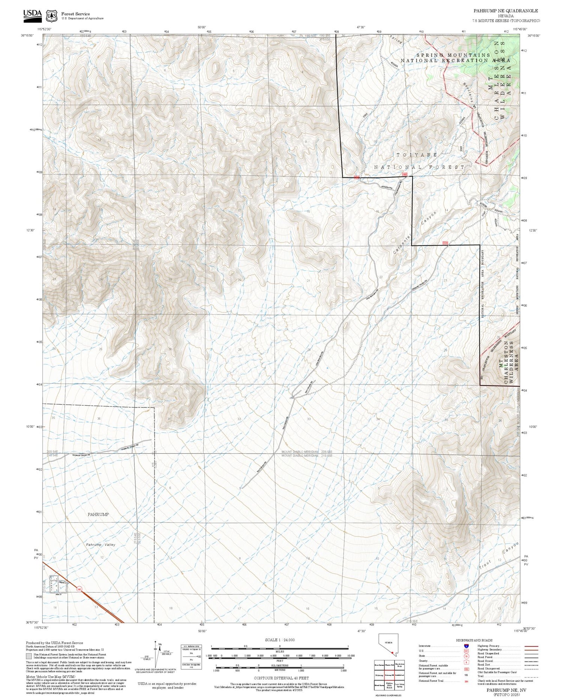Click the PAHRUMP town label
[98, 514]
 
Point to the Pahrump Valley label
[101, 544]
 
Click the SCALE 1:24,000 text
[280, 640]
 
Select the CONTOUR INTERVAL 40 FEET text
[281, 678]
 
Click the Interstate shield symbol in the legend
[466, 646]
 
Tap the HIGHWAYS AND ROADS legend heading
[474, 640]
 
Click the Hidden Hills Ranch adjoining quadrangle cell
[389, 685]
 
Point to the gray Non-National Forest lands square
[29, 656]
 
